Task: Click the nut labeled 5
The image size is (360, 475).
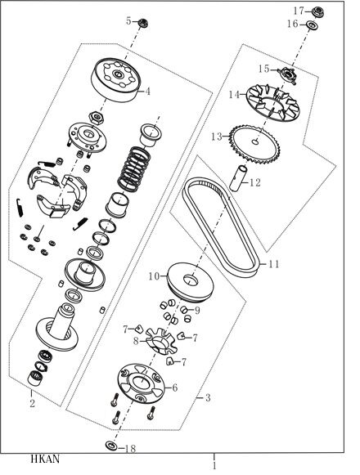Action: pyautogui.click(x=142, y=23)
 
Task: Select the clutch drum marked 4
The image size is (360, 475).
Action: pyautogui.click(x=115, y=79)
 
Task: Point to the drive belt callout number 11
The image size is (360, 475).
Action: pyautogui.click(x=274, y=264)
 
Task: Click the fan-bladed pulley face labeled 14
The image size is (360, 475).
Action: pyautogui.click(x=272, y=102)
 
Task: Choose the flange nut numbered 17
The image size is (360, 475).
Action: pyautogui.click(x=318, y=11)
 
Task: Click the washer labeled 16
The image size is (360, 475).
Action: pyautogui.click(x=311, y=25)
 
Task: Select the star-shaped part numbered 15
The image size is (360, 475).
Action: pyautogui.click(x=287, y=74)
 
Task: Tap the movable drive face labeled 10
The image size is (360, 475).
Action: pyautogui.click(x=190, y=280)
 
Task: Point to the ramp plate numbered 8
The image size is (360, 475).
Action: pyautogui.click(x=161, y=341)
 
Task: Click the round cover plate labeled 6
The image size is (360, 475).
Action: pyautogui.click(x=141, y=383)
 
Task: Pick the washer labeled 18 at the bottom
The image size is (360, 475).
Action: pyautogui.click(x=111, y=446)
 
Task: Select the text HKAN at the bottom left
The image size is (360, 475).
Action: pyautogui.click(x=45, y=459)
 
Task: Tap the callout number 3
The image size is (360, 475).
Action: pyautogui.click(x=208, y=397)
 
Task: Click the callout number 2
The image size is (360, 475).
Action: pyautogui.click(x=32, y=403)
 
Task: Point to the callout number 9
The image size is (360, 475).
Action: pyautogui.click(x=197, y=310)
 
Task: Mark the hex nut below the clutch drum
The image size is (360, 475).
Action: pyautogui.click(x=97, y=117)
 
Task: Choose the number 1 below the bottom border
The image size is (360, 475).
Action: pyautogui.click(x=214, y=466)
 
